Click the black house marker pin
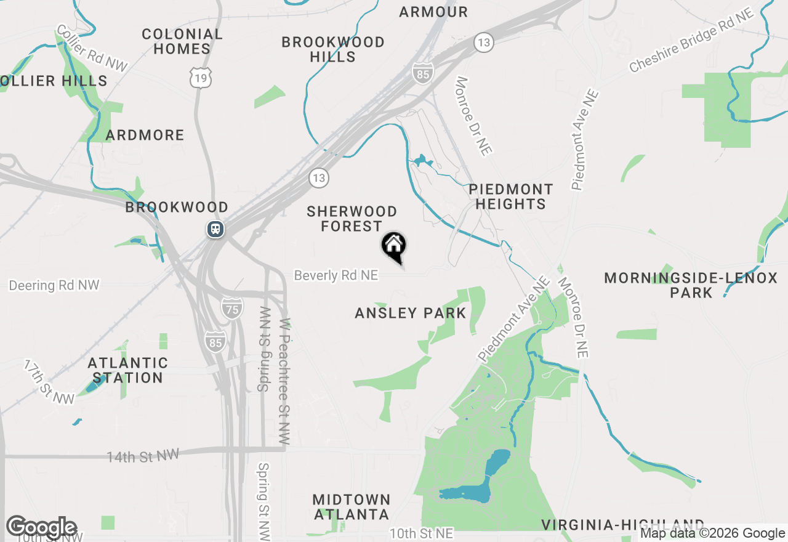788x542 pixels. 394,246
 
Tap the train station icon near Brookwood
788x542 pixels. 215,229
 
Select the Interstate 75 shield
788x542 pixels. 232,307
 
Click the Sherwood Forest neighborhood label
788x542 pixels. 352,219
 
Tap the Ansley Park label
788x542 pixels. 411,313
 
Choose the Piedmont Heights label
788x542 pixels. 510,196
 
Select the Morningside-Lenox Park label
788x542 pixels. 691,285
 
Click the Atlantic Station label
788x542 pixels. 128,370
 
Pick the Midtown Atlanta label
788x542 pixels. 352,506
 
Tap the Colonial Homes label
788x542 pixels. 182,41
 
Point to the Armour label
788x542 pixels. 433,12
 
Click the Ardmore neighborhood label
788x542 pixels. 145,135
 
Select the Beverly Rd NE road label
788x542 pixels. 336,275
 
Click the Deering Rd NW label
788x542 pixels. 54,286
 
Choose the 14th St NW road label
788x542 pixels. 143,456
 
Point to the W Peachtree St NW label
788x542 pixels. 284,382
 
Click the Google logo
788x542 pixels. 42,527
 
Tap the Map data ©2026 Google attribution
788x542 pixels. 713,533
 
